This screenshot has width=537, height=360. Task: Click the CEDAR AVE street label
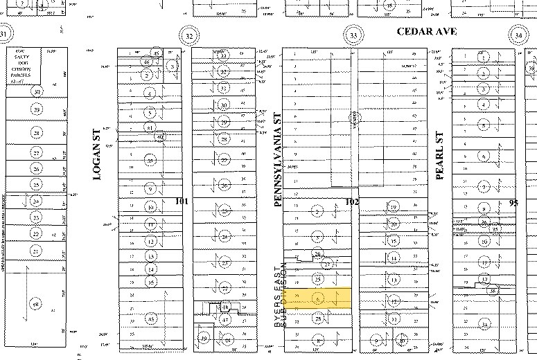(424, 32)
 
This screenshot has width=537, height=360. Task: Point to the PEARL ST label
(439, 156)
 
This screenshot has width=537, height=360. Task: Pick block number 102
(352, 201)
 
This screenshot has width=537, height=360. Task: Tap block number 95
(513, 203)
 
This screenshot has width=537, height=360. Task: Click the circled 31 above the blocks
(6, 35)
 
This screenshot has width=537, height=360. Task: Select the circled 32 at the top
(187, 35)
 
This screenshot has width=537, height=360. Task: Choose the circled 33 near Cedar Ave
(354, 35)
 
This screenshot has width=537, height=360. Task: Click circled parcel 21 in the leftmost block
(36, 251)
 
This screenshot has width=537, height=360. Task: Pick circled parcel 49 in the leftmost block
(36, 303)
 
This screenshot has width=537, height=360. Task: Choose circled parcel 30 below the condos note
(36, 91)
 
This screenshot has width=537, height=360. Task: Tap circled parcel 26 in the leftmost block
(36, 169)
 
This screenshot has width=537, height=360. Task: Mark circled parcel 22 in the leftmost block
(36, 233)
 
